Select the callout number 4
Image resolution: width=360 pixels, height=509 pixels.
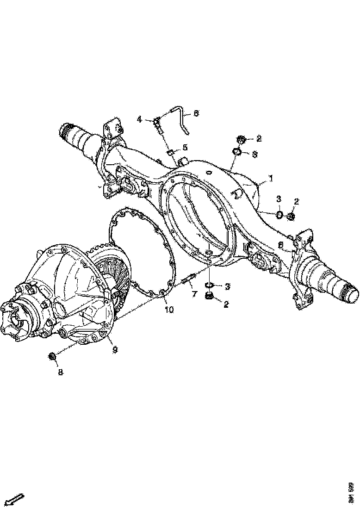click(139, 119)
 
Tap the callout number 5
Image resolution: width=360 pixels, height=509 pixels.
click(185, 148)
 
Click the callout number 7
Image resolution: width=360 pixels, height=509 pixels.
click(195, 294)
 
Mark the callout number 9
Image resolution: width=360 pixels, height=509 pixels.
click(115, 350)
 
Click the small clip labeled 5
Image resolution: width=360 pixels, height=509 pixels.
click(170, 152)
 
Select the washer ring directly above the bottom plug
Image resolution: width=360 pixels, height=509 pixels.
click(208, 285)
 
